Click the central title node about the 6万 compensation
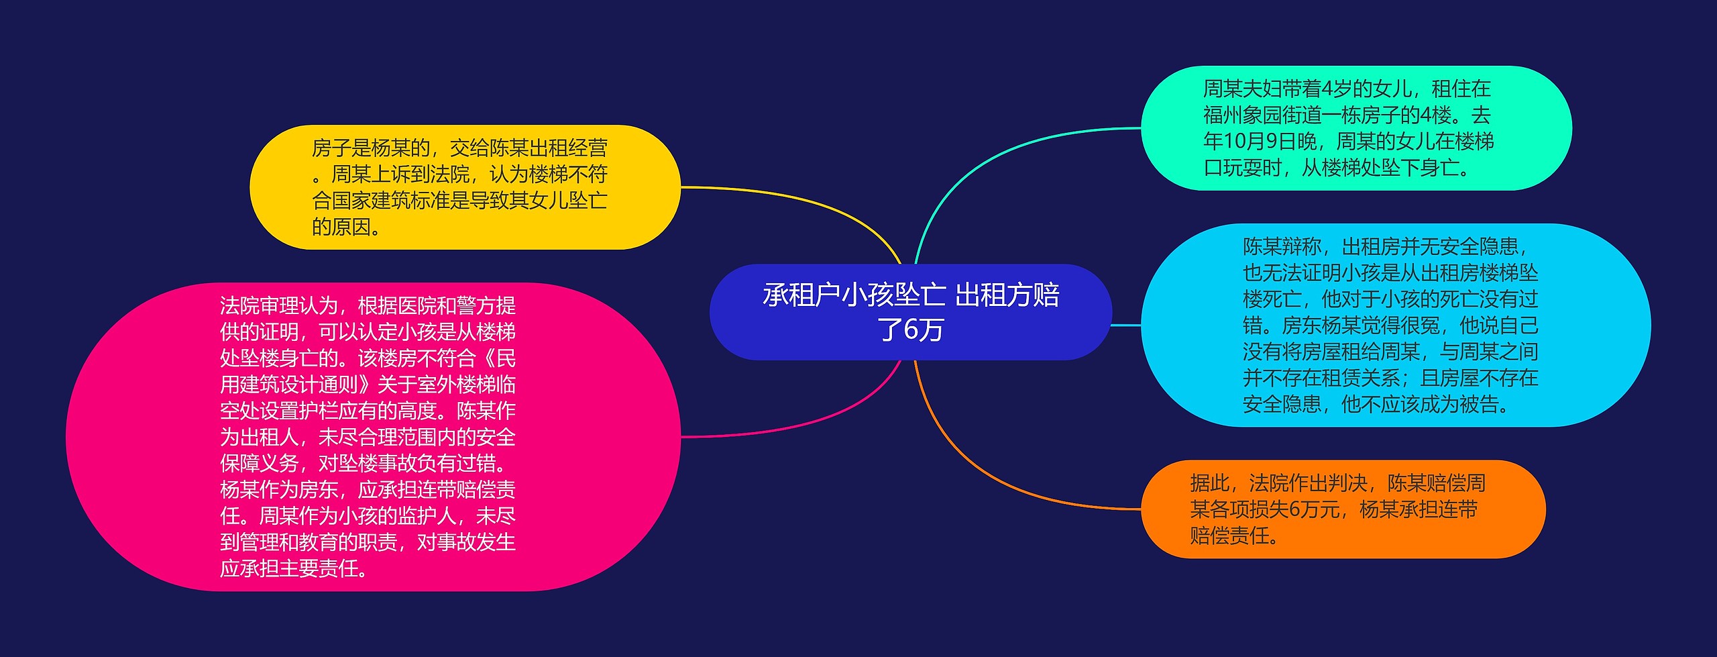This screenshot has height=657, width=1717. click(910, 312)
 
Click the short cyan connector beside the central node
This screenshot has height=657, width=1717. click(1126, 325)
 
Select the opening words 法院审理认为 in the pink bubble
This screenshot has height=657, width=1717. click(279, 305)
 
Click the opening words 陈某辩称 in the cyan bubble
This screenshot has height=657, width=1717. click(1282, 246)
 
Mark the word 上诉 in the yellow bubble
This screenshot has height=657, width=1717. click(410, 174)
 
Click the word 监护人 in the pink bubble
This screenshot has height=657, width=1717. click(427, 515)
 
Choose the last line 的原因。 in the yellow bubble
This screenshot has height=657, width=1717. click(346, 226)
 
